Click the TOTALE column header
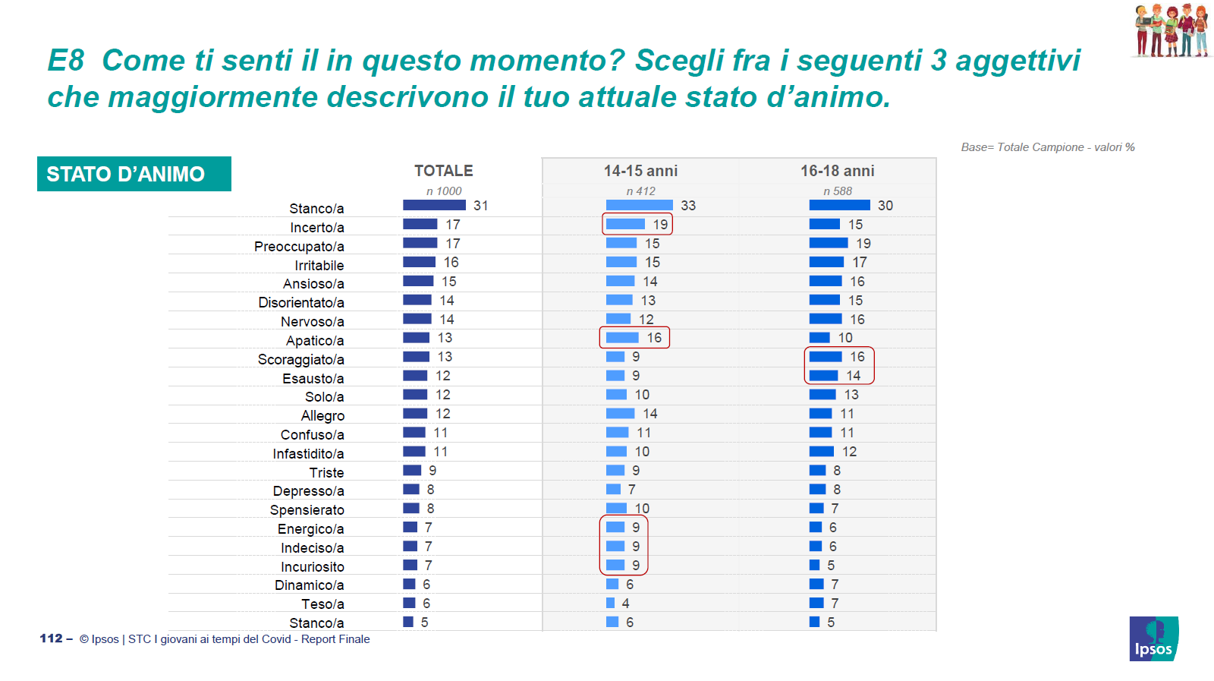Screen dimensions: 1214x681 pyautogui.click(x=443, y=171)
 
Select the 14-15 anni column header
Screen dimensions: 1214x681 pyautogui.click(x=640, y=171)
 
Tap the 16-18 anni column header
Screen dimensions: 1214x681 pyautogui.click(x=838, y=171)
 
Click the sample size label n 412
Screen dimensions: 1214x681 pyautogui.click(x=640, y=191)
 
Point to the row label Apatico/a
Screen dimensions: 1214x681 pyautogui.click(x=315, y=340)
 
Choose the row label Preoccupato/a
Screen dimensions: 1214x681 pyautogui.click(x=299, y=246)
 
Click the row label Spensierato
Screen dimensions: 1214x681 pyautogui.click(x=307, y=510)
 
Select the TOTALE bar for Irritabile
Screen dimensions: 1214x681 pyautogui.click(x=419, y=263)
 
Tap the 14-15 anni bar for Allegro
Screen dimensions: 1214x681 pyautogui.click(x=620, y=414)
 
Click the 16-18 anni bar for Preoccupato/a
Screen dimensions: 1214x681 pyautogui.click(x=828, y=244)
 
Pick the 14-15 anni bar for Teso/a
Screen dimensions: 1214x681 pyautogui.click(x=610, y=603)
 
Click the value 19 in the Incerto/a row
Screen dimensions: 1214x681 pyautogui.click(x=660, y=225)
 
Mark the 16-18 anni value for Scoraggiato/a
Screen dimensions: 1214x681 pyautogui.click(x=857, y=357)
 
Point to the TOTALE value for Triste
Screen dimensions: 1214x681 pyautogui.click(x=432, y=471)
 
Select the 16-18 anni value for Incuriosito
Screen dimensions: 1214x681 pyautogui.click(x=831, y=566)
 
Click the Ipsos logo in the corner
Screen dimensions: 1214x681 pyautogui.click(x=1154, y=638)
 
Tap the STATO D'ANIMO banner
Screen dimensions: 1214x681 pyautogui.click(x=134, y=174)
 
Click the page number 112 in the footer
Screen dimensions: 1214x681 pyautogui.click(x=51, y=638)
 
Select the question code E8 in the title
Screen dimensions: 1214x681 pyautogui.click(x=65, y=60)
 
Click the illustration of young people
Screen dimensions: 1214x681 pyautogui.click(x=1170, y=30)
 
